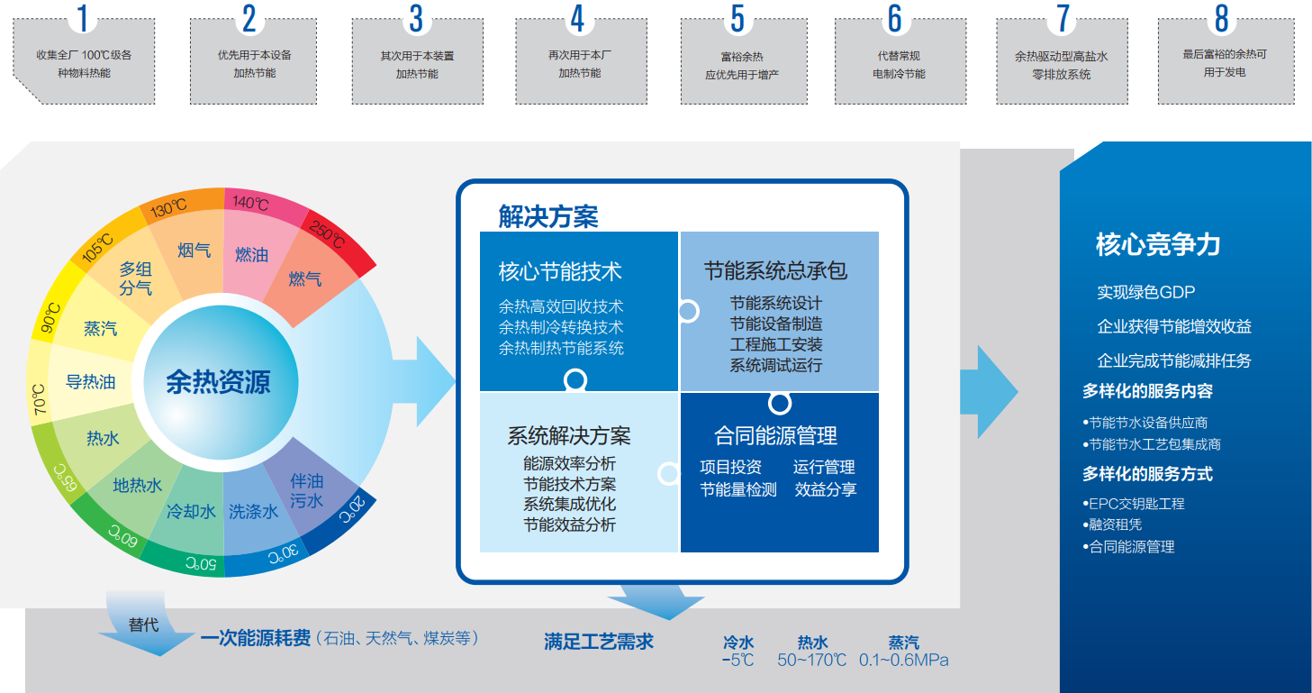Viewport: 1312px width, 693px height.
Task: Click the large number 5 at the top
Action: [737, 19]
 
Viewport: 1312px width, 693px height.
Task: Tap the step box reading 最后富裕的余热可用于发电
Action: [1224, 63]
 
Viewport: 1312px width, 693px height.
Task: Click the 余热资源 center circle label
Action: [218, 382]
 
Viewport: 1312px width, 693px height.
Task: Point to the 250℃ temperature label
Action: [327, 235]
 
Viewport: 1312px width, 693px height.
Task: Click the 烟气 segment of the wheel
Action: [194, 250]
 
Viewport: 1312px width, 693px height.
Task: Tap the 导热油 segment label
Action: [91, 382]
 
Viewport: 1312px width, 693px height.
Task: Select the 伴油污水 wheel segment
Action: [307, 491]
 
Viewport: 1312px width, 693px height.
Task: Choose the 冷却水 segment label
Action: [191, 511]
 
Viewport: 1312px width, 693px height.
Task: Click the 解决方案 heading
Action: [547, 216]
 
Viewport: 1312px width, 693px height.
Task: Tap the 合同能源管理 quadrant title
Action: [775, 436]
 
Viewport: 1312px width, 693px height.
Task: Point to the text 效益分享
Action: [825, 489]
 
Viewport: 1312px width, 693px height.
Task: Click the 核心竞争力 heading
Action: [1157, 245]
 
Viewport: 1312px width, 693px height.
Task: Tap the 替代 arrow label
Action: [143, 624]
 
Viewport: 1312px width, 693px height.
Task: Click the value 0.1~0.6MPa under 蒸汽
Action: [903, 661]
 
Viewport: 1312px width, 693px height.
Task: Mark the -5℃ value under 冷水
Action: [737, 661]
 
